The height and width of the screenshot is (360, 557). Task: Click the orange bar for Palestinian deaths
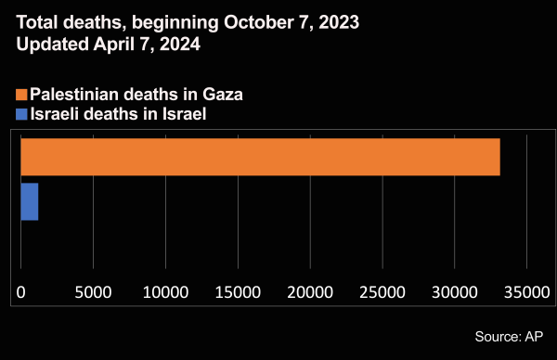260,157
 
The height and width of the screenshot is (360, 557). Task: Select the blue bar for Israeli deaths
29,201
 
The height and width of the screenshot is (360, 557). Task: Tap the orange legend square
21,95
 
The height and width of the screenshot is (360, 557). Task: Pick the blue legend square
21,114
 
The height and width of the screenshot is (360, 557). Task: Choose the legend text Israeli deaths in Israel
117,114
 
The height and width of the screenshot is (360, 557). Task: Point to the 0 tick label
21,291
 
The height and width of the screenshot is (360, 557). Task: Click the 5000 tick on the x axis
93,291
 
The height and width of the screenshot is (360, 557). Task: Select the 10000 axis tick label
165,291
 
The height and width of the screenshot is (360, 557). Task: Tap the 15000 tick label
238,291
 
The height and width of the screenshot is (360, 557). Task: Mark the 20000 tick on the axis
310,291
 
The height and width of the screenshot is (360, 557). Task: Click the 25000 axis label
382,291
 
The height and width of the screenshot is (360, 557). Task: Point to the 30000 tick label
455,291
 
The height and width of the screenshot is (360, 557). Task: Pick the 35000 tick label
526,291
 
